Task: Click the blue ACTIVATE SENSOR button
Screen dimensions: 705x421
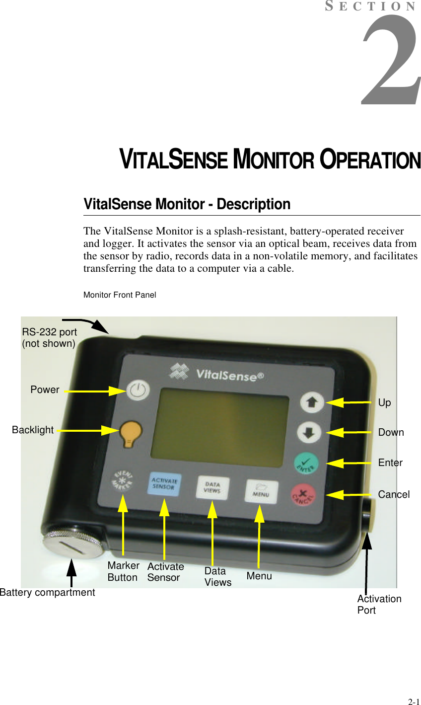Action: click(x=164, y=484)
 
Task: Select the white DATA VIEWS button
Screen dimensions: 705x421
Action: click(x=212, y=487)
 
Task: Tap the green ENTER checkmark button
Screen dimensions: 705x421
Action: click(x=307, y=463)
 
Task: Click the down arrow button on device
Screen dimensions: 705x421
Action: click(x=309, y=432)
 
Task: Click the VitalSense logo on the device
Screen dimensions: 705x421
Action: click(x=217, y=373)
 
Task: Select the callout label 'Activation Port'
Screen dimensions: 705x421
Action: click(x=379, y=604)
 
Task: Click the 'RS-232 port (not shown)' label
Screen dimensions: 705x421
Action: click(x=49, y=338)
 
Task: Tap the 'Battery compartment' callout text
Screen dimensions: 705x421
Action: click(x=47, y=592)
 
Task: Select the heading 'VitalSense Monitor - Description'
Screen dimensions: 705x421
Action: click(x=187, y=204)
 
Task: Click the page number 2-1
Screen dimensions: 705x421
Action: click(x=413, y=702)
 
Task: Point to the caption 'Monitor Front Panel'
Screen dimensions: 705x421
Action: click(x=120, y=295)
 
